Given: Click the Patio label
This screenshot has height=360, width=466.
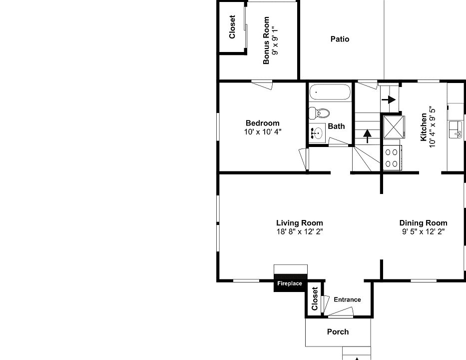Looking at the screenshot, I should pyautogui.click(x=340, y=39).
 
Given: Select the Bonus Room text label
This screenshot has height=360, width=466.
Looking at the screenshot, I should pyautogui.click(x=267, y=40).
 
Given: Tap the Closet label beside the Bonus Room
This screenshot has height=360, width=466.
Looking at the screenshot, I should pyautogui.click(x=232, y=27).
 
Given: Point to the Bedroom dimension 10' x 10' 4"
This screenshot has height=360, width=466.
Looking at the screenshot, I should pyautogui.click(x=262, y=132).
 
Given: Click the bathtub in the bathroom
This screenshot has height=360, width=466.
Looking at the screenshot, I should pyautogui.click(x=329, y=92).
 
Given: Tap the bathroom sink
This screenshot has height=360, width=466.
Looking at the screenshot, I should pyautogui.click(x=317, y=133).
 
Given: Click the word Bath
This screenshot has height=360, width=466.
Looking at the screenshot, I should pyautogui.click(x=336, y=126).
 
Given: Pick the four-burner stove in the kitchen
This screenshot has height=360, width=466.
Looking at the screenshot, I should pyautogui.click(x=392, y=157).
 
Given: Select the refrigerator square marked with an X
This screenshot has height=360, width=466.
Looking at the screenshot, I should pyautogui.click(x=392, y=126).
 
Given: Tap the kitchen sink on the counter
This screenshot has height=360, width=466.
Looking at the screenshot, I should pyautogui.click(x=456, y=129).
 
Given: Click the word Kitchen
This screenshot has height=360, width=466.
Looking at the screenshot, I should pyautogui.click(x=424, y=127).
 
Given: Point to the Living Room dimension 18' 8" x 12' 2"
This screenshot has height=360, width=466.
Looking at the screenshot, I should pyautogui.click(x=299, y=231).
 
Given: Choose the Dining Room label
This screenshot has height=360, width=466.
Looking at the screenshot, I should pyautogui.click(x=423, y=223).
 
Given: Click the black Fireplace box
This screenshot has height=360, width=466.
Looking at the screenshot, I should pyautogui.click(x=290, y=283).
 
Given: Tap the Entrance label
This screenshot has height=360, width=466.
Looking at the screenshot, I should pyautogui.click(x=347, y=299).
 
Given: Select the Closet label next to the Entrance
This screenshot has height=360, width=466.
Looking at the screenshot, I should pyautogui.click(x=315, y=298).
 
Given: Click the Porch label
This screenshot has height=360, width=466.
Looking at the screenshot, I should pyautogui.click(x=338, y=331).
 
